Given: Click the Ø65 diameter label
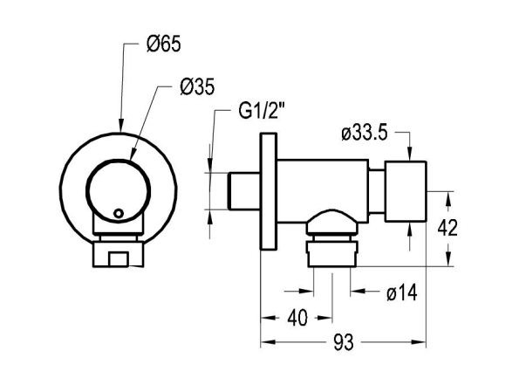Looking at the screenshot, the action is coord(163,44).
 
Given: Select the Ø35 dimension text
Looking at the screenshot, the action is coord(197,86).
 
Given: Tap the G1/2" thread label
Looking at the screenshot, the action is coord(262,110).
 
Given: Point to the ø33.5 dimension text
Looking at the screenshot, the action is coord(365,134).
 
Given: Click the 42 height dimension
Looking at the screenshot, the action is coord(447,228).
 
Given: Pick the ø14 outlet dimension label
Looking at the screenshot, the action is coord(402,292).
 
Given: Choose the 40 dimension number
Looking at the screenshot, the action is coord(297,318).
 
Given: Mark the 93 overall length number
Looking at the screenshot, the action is coord(344,342).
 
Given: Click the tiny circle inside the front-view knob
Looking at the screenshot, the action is coord(118,213).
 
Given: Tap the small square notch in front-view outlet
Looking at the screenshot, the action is coord(118,259).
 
